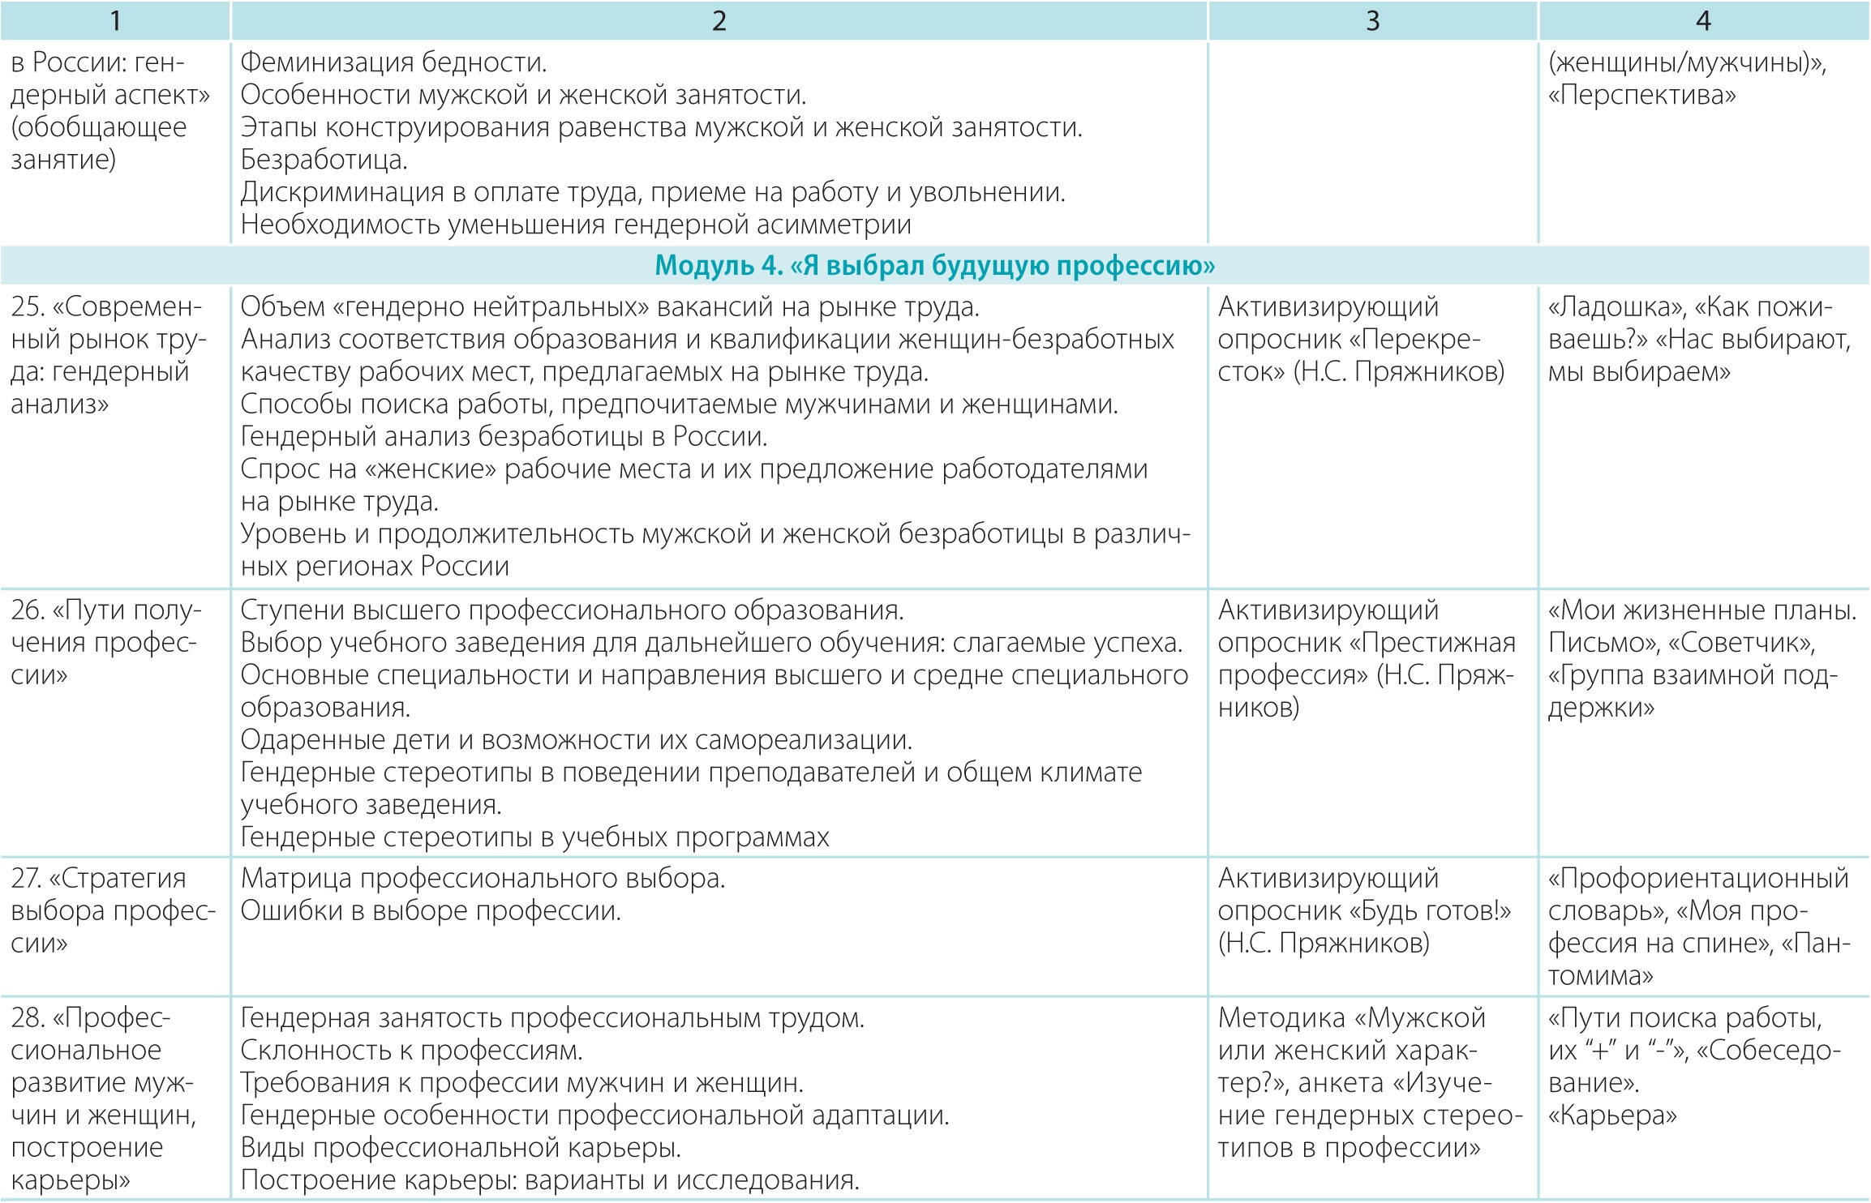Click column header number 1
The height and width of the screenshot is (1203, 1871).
tap(116, 20)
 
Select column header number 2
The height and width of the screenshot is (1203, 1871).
tap(719, 20)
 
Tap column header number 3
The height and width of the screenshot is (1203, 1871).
tap(1372, 20)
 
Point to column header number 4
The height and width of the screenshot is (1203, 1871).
tap(1703, 20)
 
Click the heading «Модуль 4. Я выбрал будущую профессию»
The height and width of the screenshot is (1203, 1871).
tap(934, 266)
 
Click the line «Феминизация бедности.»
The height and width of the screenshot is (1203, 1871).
tap(394, 62)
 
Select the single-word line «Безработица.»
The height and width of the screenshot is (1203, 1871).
tap(324, 160)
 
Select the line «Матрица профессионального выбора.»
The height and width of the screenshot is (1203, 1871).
tap(483, 879)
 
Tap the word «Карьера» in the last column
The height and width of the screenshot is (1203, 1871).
tap(1612, 1115)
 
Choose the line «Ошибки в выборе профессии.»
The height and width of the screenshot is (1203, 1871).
tap(431, 911)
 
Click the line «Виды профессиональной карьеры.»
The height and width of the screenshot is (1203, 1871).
tap(461, 1148)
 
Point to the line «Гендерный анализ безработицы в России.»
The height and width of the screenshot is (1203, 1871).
tap(504, 437)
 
